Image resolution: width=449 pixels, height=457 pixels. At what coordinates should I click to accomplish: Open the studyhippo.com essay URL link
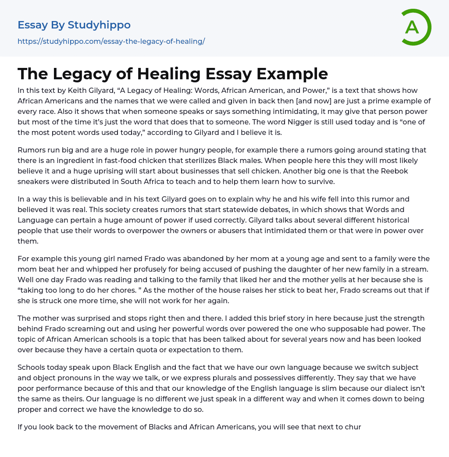(111, 41)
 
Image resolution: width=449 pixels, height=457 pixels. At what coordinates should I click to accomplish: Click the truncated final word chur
(353, 427)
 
